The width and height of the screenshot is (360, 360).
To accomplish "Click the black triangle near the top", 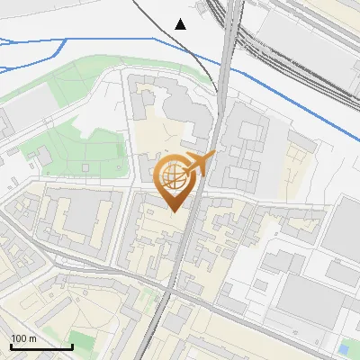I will (x=181, y=23).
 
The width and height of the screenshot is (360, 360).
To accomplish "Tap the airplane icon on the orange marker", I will (x=198, y=165).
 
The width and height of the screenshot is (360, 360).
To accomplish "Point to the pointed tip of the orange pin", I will (x=173, y=211).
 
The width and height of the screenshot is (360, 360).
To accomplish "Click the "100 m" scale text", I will (x=24, y=338).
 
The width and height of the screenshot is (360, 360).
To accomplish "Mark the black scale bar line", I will (x=41, y=346).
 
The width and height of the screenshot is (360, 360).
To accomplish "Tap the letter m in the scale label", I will (x=33, y=338).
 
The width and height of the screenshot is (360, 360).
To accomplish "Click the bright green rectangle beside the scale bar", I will (x=83, y=341).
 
